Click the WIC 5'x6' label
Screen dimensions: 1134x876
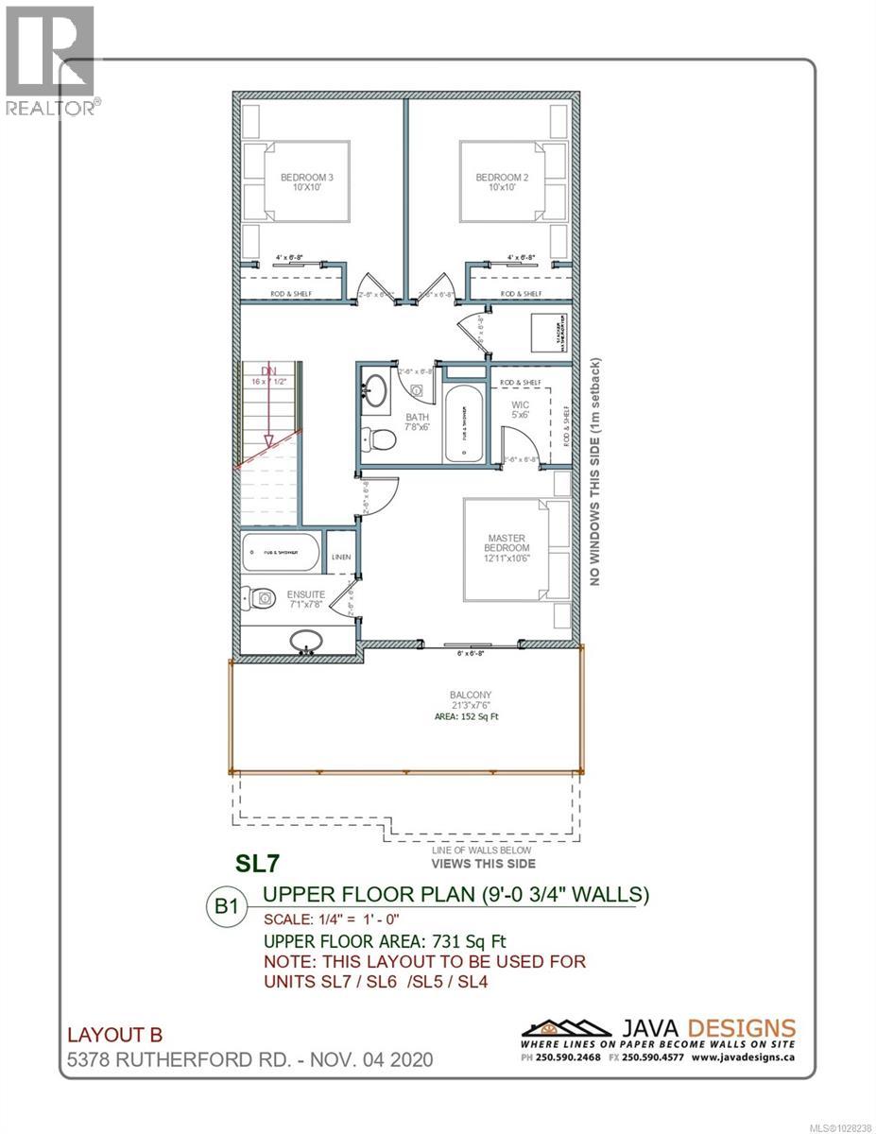520,411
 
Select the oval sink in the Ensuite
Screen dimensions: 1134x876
306,642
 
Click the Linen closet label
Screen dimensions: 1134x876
341,558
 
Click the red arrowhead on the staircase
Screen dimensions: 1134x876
269,440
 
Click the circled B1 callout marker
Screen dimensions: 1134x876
225,904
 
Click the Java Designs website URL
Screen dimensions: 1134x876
745,1058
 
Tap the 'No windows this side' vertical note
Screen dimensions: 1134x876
595,472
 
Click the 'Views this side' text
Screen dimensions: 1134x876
483,864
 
